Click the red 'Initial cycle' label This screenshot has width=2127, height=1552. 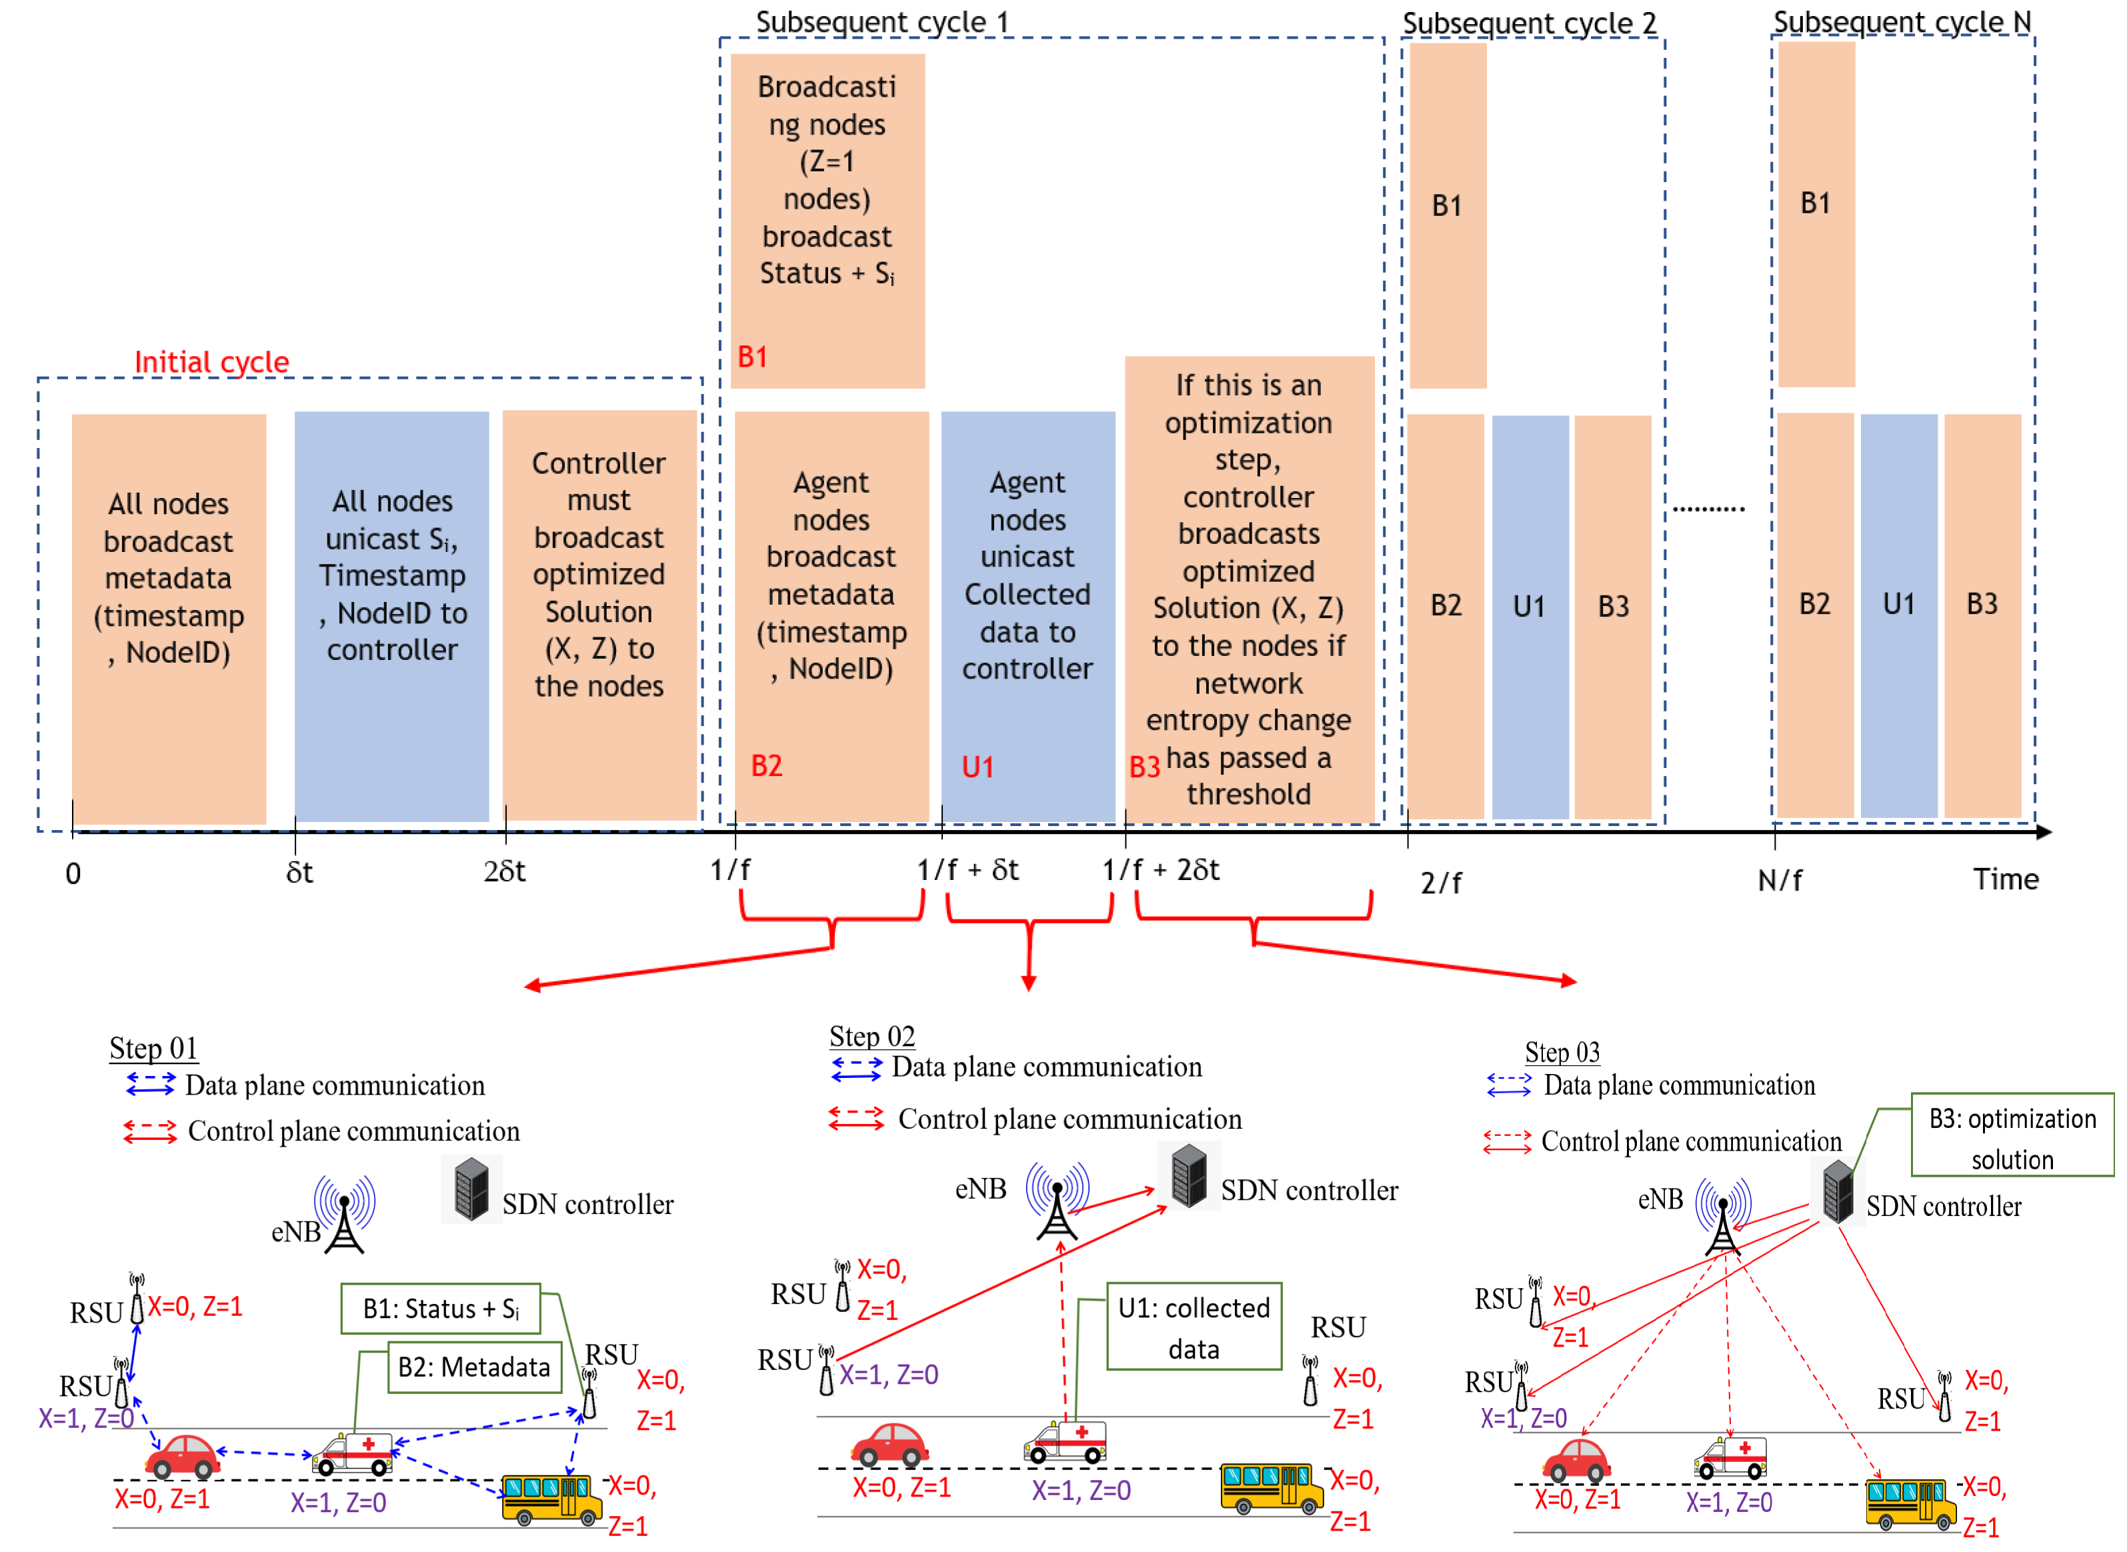[x=211, y=362]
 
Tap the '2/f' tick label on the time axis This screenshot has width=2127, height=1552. [x=1440, y=883]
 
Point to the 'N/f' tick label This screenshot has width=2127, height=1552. [x=1778, y=880]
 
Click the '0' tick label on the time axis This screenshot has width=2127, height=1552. [x=73, y=875]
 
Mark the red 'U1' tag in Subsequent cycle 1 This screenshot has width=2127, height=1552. [x=977, y=767]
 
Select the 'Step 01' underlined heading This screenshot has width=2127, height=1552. [x=153, y=1047]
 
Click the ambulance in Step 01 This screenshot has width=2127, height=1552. [x=353, y=1453]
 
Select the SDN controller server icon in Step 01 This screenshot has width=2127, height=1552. [x=471, y=1189]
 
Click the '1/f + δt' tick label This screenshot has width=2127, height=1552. [x=967, y=870]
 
